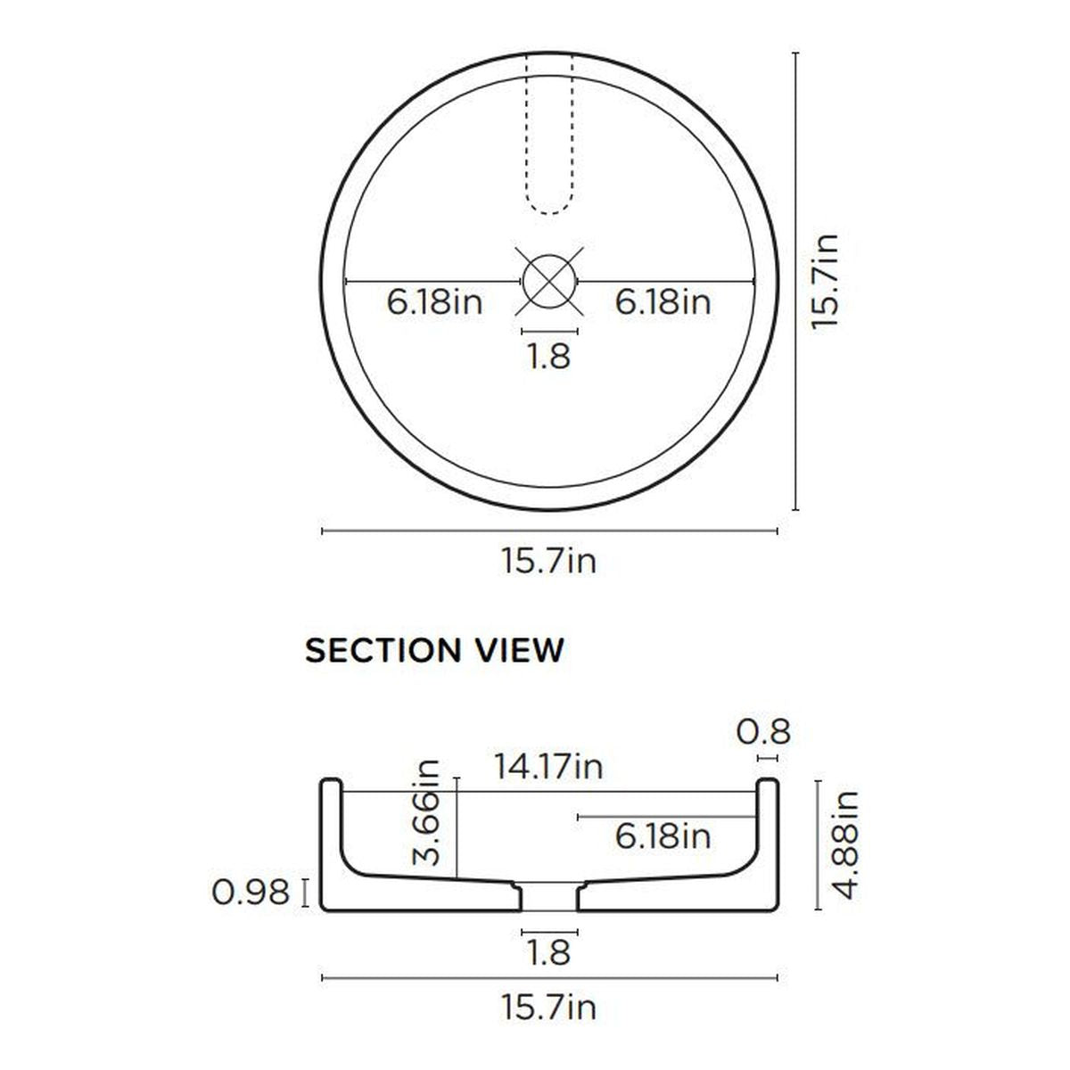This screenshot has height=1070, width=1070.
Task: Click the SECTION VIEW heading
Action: click(434, 650)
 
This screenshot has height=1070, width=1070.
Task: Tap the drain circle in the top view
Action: click(550, 282)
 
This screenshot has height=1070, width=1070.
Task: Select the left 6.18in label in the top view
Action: click(434, 303)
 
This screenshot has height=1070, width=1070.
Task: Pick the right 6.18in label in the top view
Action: click(663, 303)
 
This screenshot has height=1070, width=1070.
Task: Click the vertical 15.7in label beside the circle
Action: click(825, 282)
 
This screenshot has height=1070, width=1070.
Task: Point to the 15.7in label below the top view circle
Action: click(549, 561)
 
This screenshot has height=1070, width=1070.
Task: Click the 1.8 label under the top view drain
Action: click(549, 356)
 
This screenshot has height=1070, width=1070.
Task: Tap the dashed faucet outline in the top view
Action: click(549, 133)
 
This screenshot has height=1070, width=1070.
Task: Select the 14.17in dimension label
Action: click(548, 767)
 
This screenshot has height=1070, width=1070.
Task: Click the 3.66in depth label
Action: click(426, 813)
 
